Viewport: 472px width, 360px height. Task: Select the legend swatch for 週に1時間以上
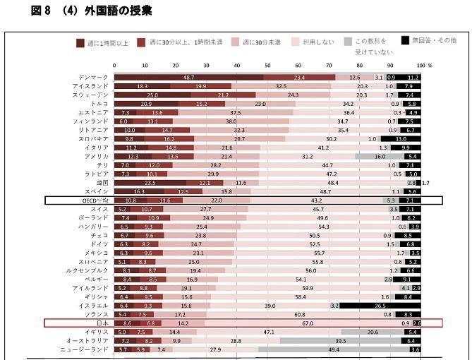(80, 43)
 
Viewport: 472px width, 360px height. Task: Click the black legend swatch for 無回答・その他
(406, 40)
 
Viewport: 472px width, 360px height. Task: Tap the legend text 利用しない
(320, 43)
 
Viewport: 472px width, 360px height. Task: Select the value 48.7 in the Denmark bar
(188, 77)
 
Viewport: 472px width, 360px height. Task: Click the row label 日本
(102, 323)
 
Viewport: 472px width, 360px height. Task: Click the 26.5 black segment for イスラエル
(380, 306)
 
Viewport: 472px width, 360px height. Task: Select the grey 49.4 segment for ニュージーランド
(334, 349)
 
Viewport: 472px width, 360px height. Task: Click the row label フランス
(98, 314)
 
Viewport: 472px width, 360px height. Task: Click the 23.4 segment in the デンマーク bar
(299, 77)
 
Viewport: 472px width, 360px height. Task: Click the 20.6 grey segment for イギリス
(373, 332)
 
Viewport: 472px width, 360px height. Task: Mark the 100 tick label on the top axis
(422, 65)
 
